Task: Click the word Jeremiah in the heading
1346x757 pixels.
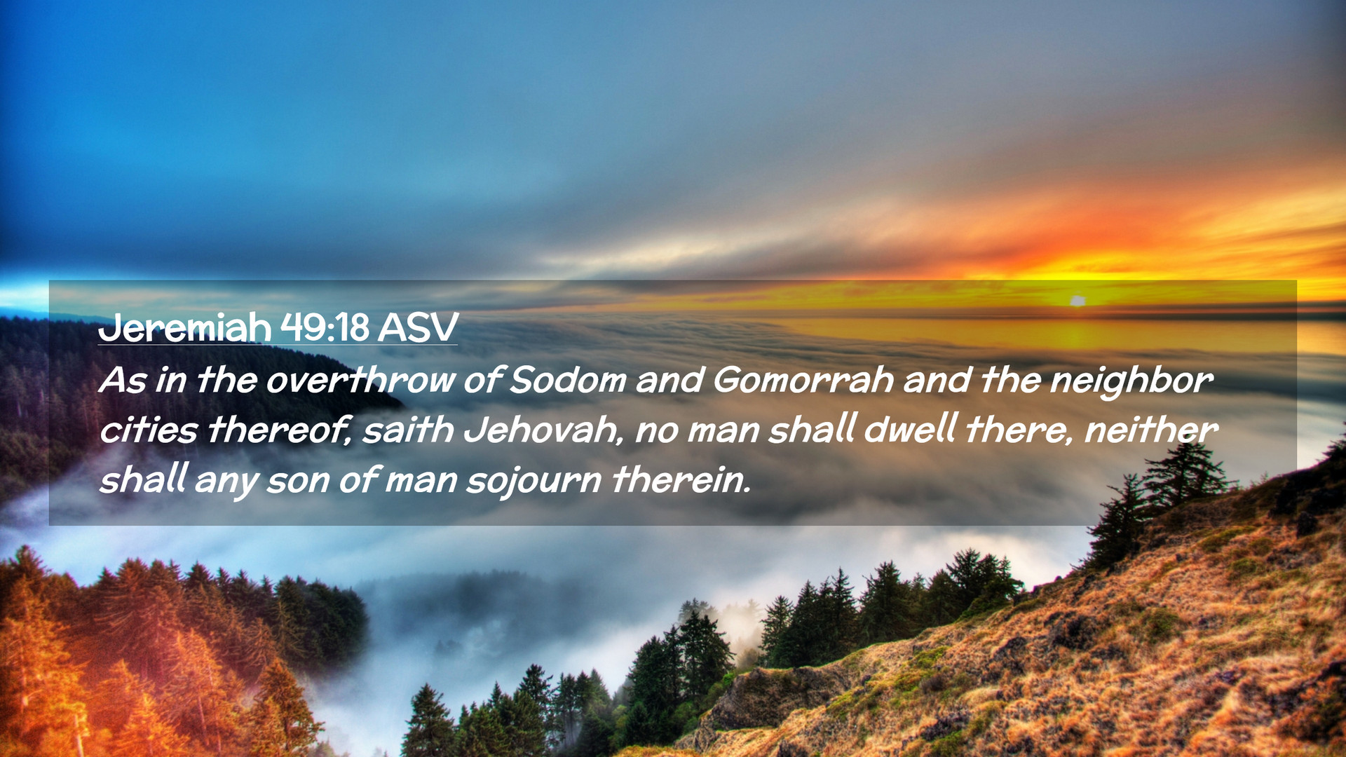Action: [x=184, y=327]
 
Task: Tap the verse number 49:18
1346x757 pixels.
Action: [x=325, y=327]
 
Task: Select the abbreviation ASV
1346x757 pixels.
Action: [x=418, y=327]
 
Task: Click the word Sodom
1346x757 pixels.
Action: [x=568, y=380]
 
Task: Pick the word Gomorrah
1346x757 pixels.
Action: [x=803, y=380]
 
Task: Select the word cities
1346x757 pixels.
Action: [x=148, y=430]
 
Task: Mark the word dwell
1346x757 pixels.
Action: [x=910, y=429]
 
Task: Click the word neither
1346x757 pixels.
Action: [x=1151, y=429]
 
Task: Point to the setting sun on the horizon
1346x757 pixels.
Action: [x=1078, y=301]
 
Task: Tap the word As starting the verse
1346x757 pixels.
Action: [x=123, y=381]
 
